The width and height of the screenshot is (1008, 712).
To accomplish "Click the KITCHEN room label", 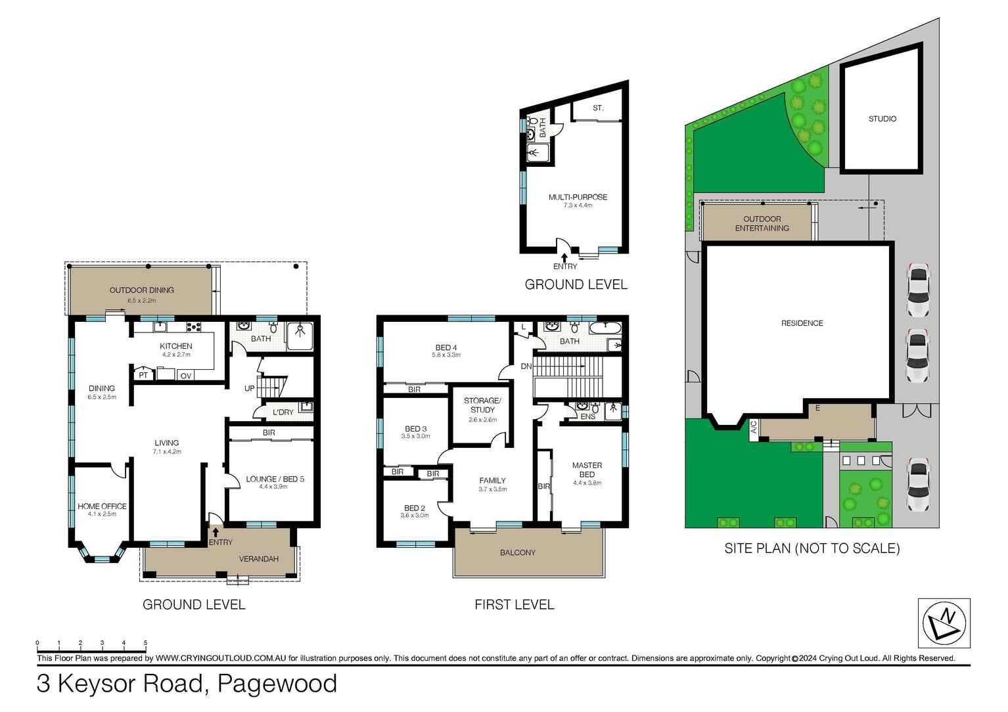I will coord(175,346).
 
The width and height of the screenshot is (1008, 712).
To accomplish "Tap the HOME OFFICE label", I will coord(102,506).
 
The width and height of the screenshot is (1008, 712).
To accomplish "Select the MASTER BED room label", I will coord(587,470).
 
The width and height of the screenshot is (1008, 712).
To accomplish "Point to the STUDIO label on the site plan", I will coord(882,119).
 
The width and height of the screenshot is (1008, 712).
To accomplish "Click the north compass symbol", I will coord(944,623).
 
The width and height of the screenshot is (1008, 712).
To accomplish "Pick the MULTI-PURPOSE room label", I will coord(578,197).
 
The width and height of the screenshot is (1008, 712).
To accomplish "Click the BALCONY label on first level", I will coord(517,553).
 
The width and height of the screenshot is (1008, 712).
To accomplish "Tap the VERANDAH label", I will coord(258,559).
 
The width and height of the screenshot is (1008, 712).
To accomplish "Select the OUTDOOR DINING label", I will coord(141,290).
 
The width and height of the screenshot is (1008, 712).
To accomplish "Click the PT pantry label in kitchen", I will coord(143,376).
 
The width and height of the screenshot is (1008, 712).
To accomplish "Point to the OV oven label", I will coord(185,376).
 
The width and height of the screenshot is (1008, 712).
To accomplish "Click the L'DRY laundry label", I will coord(283,412).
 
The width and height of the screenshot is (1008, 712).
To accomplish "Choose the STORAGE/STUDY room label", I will coord(482,405).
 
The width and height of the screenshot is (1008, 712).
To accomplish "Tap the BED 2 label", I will coord(414,508).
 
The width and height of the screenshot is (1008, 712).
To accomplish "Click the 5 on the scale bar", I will coord(145,643).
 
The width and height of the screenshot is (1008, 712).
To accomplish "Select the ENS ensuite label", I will coord(587,416).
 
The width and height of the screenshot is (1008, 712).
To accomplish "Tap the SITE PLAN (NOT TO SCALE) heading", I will coord(812,548).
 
